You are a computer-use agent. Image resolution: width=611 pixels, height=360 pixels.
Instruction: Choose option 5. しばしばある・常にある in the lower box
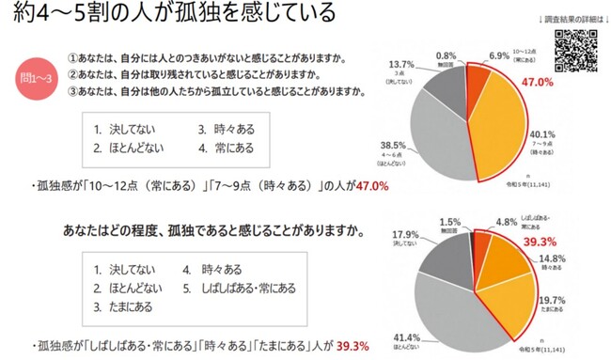click(x=239, y=287)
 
